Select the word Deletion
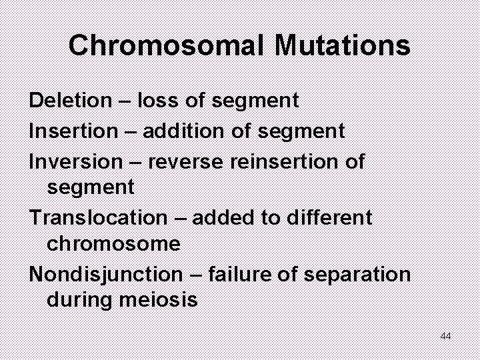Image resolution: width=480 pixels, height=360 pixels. pyautogui.click(x=71, y=101)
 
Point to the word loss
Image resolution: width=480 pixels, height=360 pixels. pyautogui.click(x=157, y=101)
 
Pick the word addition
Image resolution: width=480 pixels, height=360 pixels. pyautogui.click(x=182, y=131)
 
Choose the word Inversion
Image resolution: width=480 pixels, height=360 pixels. pyautogui.click(x=76, y=161)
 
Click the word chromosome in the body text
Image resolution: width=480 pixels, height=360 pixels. pyautogui.click(x=113, y=244)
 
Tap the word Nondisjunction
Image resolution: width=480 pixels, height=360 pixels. pyautogui.click(x=105, y=274)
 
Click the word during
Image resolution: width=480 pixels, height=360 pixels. pyautogui.click(x=81, y=301)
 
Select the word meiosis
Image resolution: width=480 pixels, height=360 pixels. pyautogui.click(x=159, y=300)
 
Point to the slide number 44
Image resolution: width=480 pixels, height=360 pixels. pyautogui.click(x=446, y=336)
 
